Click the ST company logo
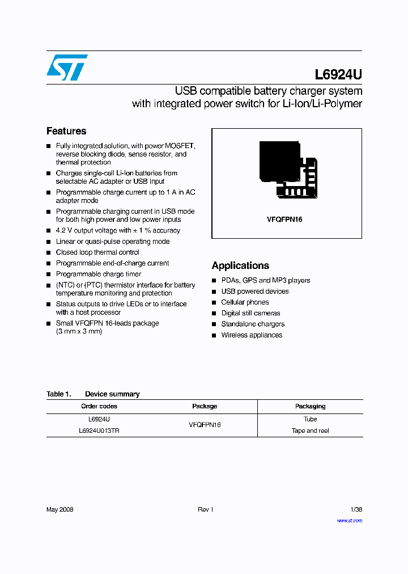[x=67, y=67]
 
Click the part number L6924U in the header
[x=338, y=75]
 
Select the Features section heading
[x=66, y=131]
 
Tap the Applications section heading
[x=240, y=265]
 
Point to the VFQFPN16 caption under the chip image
[x=284, y=220]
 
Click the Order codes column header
[x=99, y=406]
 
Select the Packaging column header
[x=310, y=406]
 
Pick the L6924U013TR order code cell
[x=99, y=430]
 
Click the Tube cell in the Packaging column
[x=310, y=419]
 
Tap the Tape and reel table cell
[x=310, y=430]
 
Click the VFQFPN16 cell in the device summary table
[x=205, y=424]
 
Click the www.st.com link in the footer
[x=349, y=520]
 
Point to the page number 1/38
[x=356, y=509]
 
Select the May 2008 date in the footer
[x=60, y=509]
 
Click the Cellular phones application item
[x=245, y=302]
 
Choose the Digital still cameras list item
[x=250, y=313]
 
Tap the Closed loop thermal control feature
[x=97, y=252]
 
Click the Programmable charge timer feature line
[x=99, y=274]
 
